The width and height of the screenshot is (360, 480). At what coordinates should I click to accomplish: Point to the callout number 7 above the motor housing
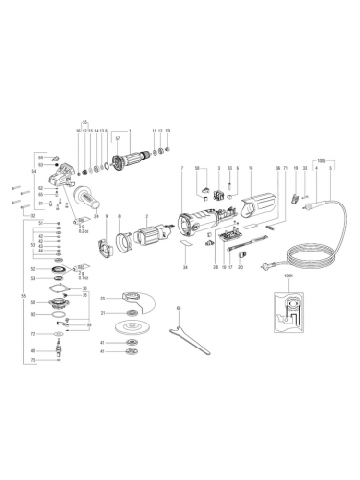pos(180,168)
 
